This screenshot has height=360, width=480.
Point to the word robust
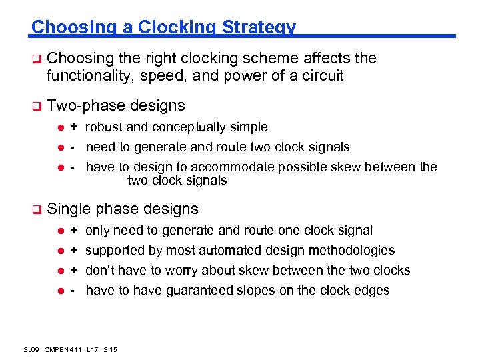(x=104, y=127)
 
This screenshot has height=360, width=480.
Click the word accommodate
(x=242, y=167)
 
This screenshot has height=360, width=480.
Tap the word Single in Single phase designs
(x=69, y=209)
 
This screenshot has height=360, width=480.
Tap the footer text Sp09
(x=31, y=349)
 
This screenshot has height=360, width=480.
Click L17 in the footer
(x=92, y=349)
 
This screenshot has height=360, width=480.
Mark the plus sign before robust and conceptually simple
(x=75, y=127)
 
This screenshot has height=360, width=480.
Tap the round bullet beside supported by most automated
(x=58, y=251)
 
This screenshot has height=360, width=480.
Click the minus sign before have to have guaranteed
(x=75, y=290)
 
